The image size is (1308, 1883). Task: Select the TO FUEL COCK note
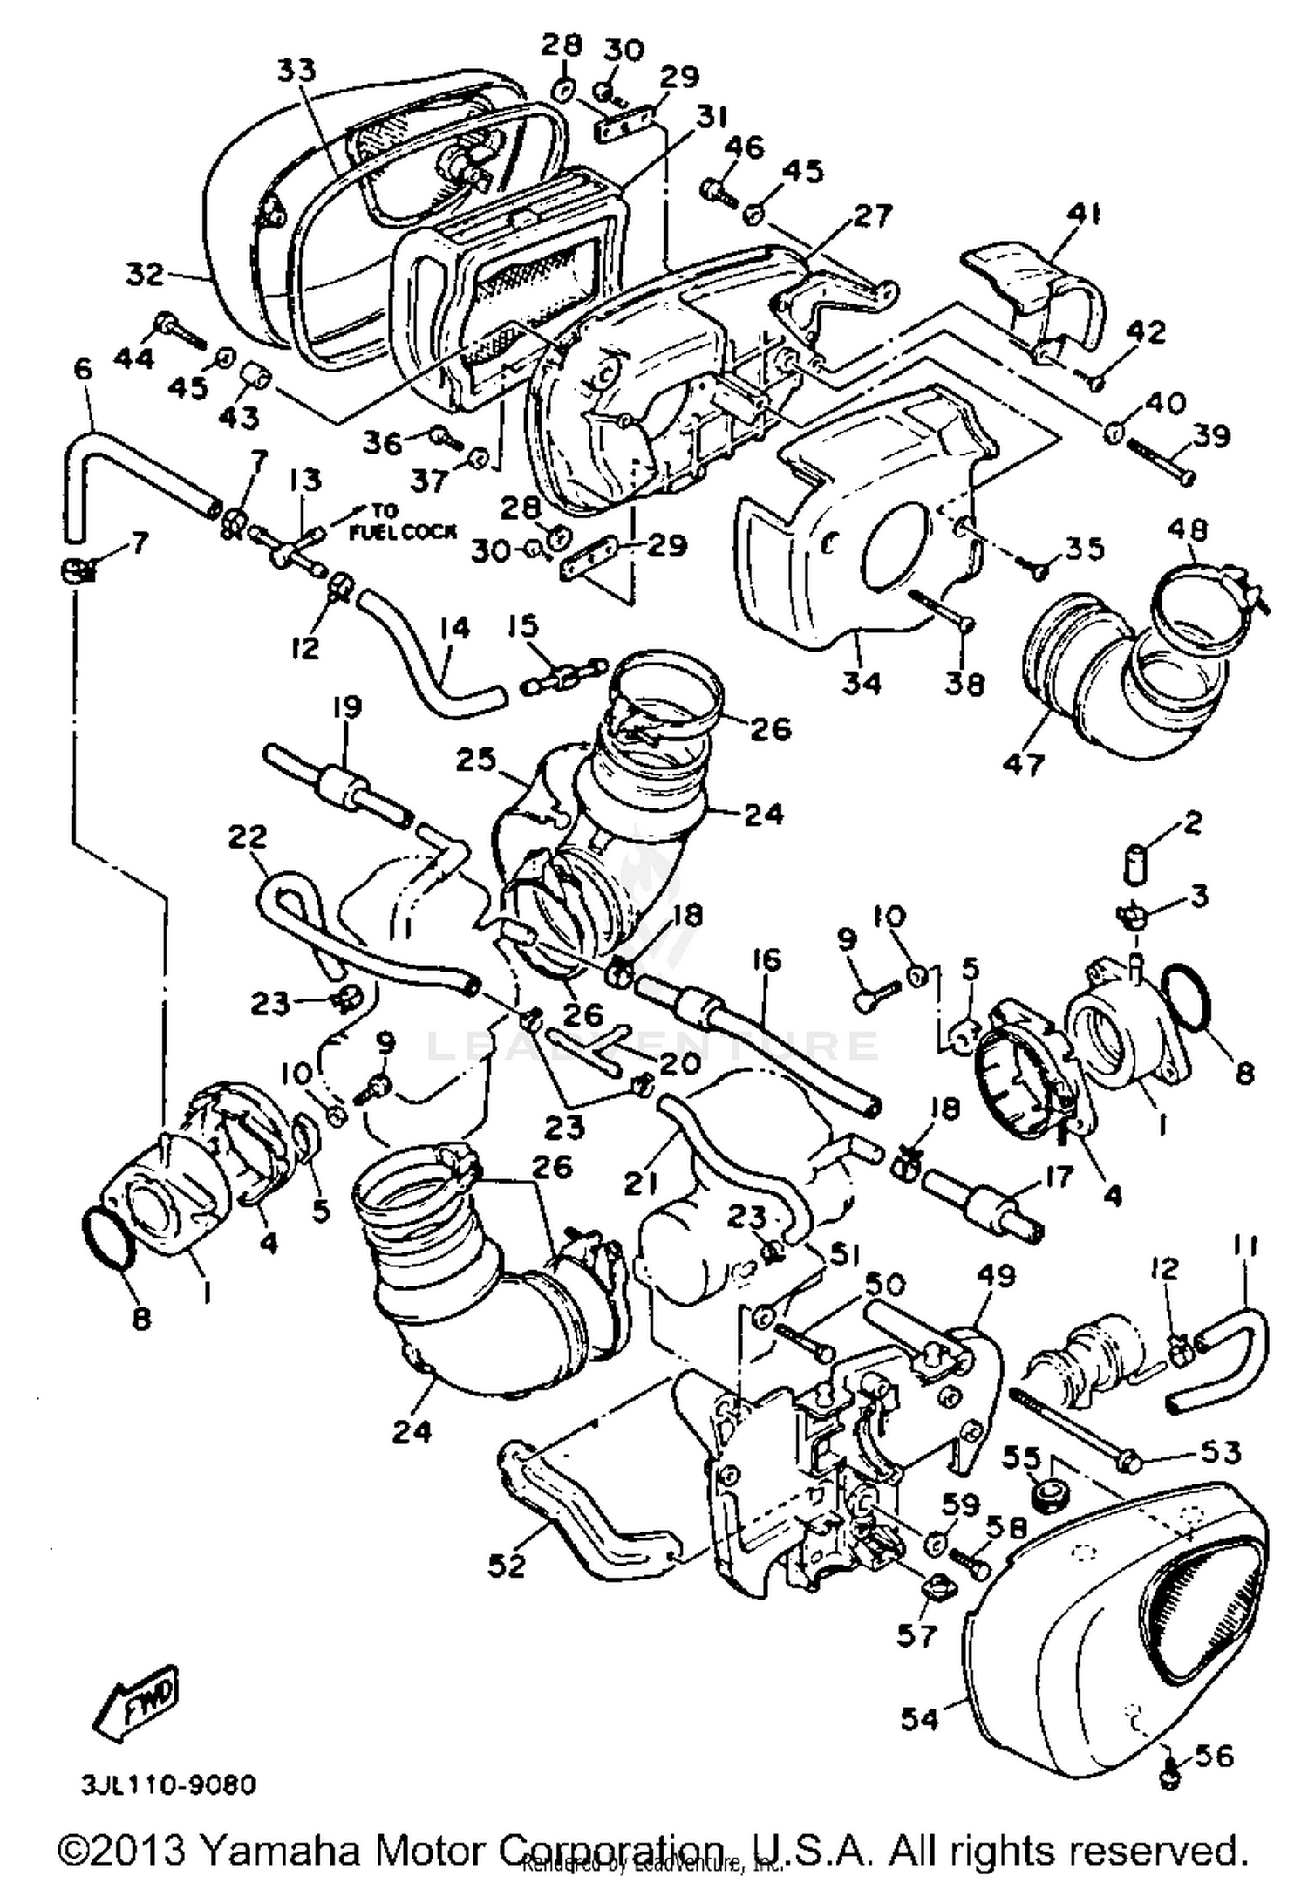[x=402, y=522]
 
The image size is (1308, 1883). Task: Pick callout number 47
[x=1023, y=764]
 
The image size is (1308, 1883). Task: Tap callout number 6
[x=83, y=369]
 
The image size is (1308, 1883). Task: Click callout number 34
[x=862, y=682]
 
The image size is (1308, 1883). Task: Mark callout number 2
[x=1193, y=822]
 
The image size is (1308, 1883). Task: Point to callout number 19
[x=346, y=706]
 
